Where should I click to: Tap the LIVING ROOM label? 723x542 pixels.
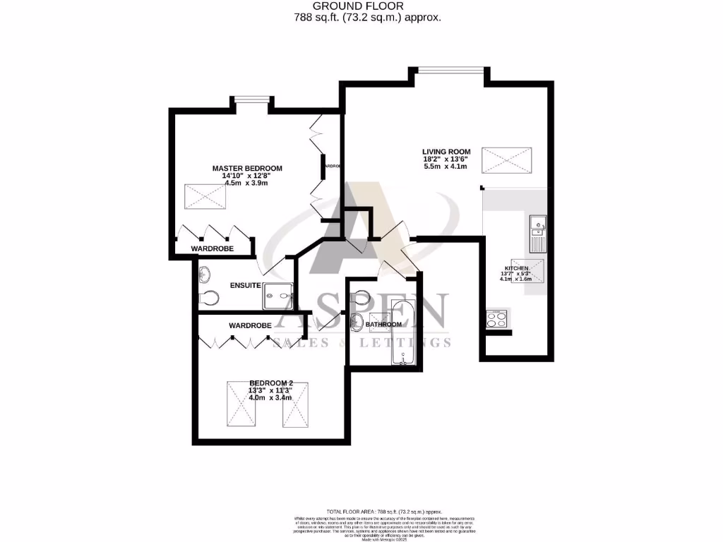tap(446, 151)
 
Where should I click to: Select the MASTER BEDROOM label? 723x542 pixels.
tap(247, 168)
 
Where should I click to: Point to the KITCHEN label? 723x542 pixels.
tap(515, 269)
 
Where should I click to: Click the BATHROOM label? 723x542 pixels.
tap(383, 325)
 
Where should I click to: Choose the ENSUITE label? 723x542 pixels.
tap(246, 285)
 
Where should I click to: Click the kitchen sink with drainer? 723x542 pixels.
tap(537, 234)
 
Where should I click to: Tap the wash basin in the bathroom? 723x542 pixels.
tap(357, 324)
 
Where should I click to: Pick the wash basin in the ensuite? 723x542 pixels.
tap(204, 271)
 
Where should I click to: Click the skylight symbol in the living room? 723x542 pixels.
tap(506, 160)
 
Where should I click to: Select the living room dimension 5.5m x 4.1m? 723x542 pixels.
tap(446, 167)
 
